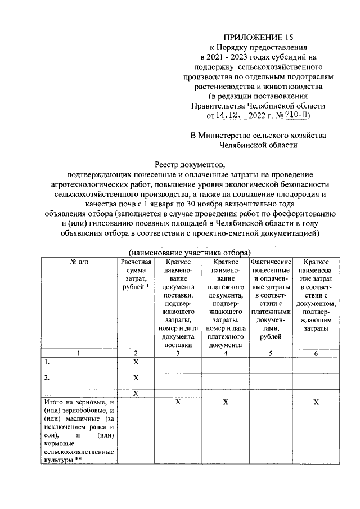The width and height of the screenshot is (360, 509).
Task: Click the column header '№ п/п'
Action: click(x=79, y=263)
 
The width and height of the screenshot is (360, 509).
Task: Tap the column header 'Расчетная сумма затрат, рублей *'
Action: click(x=135, y=275)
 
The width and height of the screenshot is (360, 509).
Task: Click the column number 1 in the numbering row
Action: click(x=79, y=353)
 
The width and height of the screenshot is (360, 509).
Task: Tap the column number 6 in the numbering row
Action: click(x=316, y=353)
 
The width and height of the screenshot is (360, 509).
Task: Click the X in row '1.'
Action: click(x=135, y=363)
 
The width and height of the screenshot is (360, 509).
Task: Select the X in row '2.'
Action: click(x=135, y=378)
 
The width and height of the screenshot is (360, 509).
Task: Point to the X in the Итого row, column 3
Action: click(x=178, y=403)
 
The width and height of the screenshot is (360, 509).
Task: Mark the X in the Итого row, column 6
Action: click(x=316, y=403)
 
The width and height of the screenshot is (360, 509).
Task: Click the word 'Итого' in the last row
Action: click(x=54, y=403)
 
